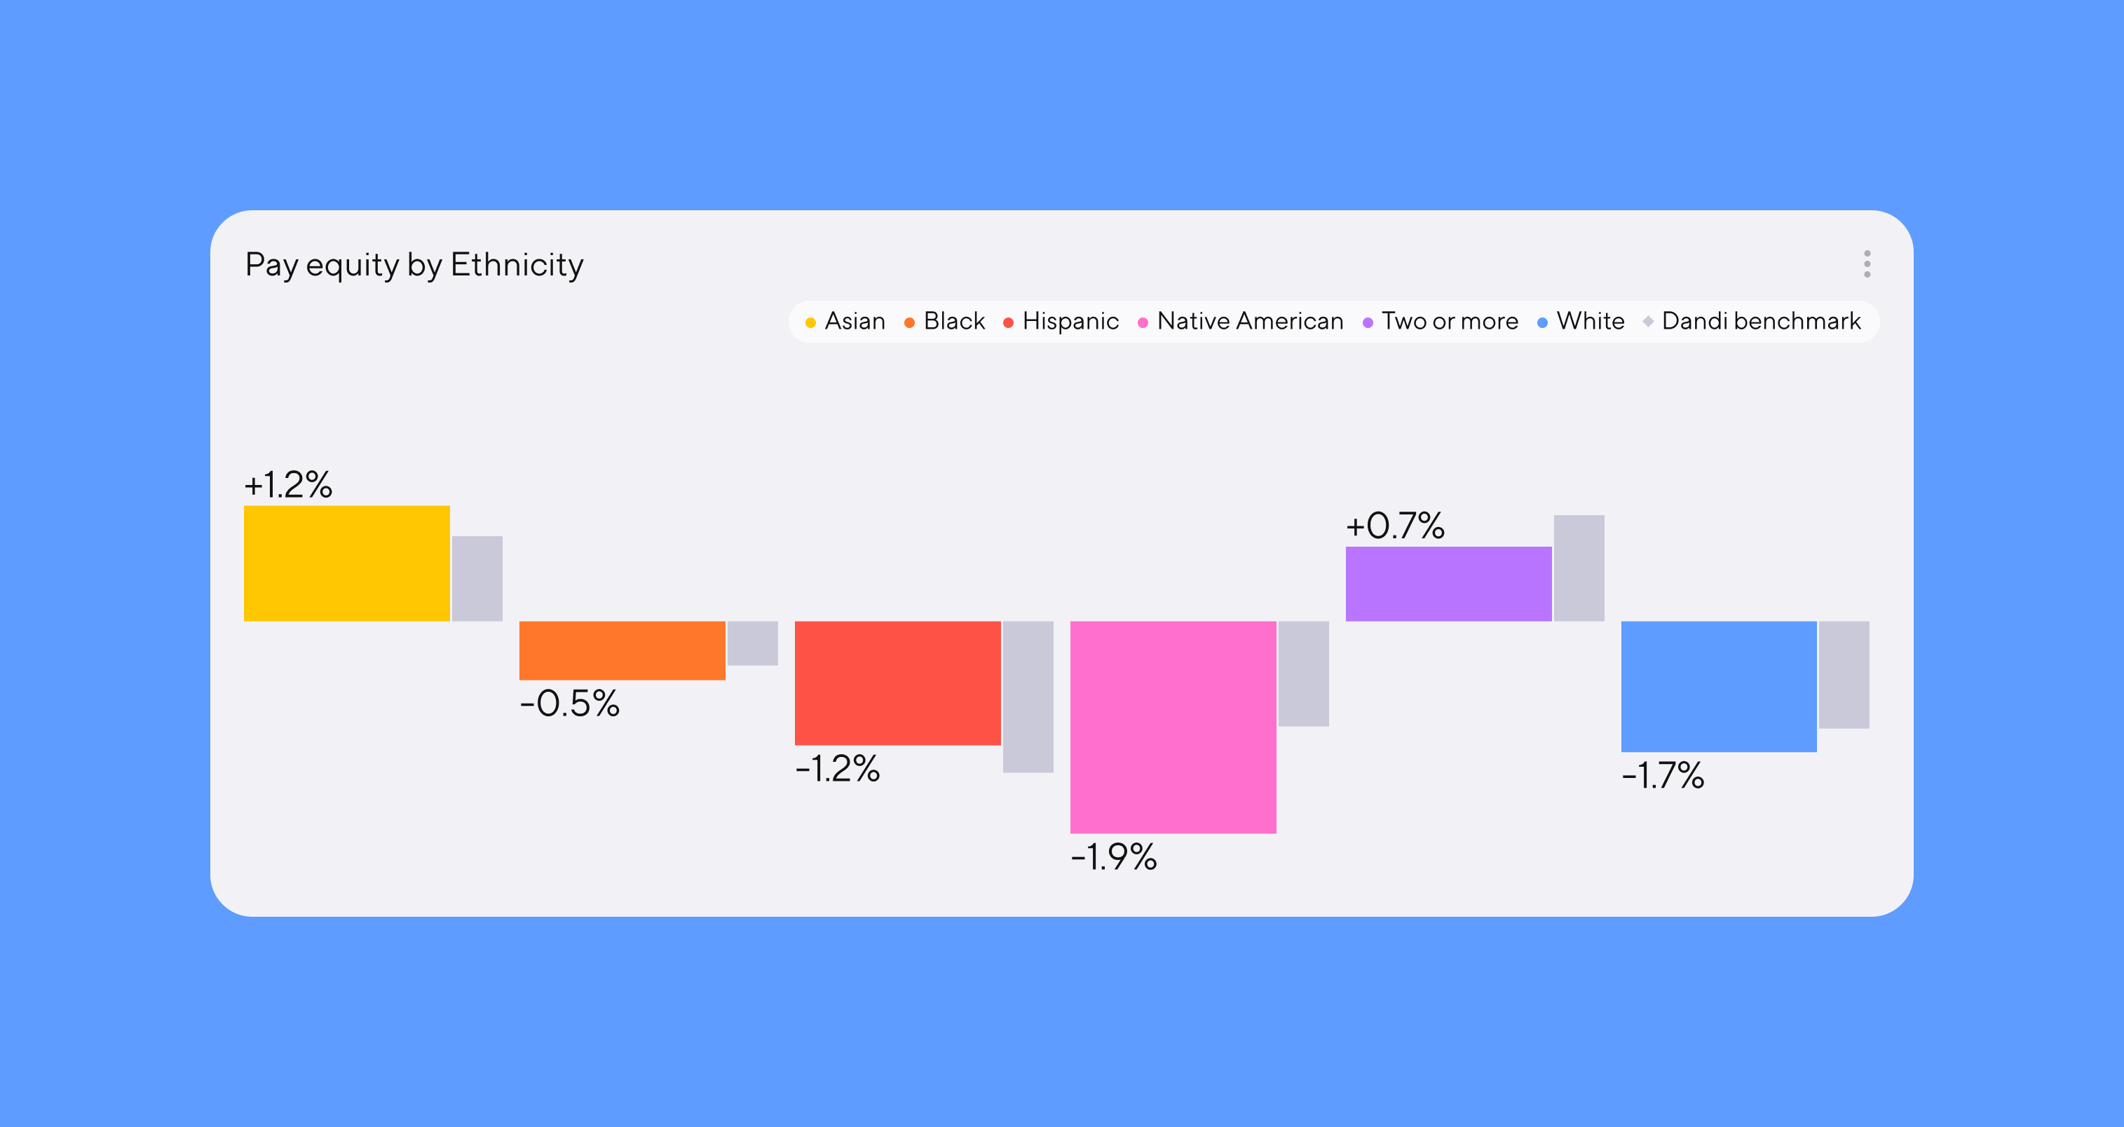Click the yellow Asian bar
[346, 563]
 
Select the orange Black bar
[622, 650]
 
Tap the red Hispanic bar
[897, 683]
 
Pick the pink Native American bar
[1173, 727]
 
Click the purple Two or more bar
[1448, 584]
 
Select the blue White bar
[1718, 687]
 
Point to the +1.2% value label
[289, 485]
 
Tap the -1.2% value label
[838, 769]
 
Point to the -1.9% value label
[1114, 857]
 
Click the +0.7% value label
[1395, 526]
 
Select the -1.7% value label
[1663, 776]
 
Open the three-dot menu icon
[1867, 264]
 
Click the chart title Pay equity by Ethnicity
[414, 265]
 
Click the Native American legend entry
[1241, 322]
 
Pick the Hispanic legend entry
[1061, 322]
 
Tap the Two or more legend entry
[1441, 322]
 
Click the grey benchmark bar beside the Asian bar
[477, 579]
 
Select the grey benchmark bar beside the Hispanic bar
[1028, 697]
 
